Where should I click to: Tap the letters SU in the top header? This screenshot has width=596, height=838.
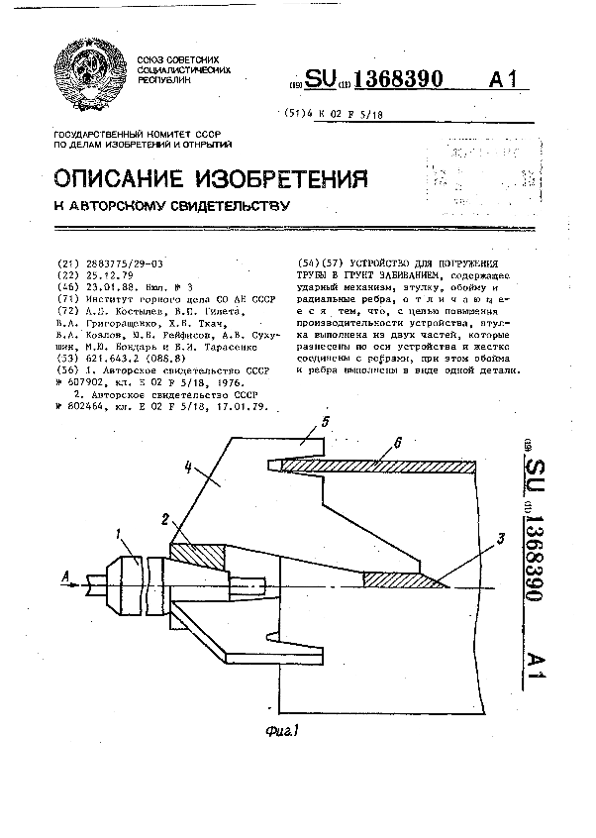[322, 80]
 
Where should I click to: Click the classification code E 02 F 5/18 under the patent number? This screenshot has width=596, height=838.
[353, 115]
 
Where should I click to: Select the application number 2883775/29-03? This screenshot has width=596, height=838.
[113, 264]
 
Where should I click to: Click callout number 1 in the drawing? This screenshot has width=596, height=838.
[118, 535]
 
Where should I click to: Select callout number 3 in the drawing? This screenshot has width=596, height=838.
[502, 539]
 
